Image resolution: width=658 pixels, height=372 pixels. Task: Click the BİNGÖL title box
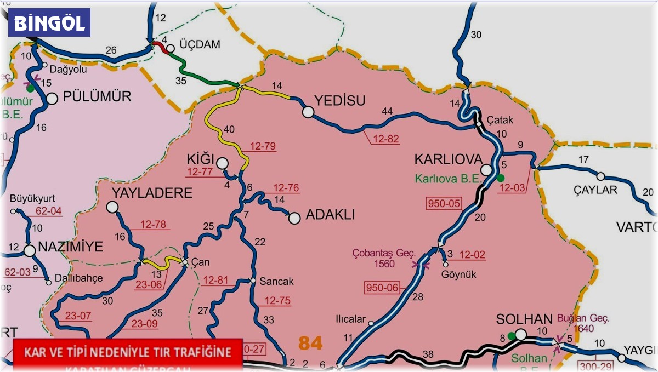coord(49,23)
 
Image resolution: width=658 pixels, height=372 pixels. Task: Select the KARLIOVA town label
coord(445,159)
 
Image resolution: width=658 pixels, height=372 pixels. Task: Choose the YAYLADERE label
coord(152,193)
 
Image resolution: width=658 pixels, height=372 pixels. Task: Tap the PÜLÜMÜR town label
coord(97,97)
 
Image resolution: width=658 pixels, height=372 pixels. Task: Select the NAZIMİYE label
coord(70,247)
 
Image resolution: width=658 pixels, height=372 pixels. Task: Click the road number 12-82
coord(384,139)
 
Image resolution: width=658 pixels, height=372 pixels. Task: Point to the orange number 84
coord(310,344)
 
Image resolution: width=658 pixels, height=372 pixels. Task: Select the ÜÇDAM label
coord(200,45)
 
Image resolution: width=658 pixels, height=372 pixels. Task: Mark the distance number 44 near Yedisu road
coord(387,112)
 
